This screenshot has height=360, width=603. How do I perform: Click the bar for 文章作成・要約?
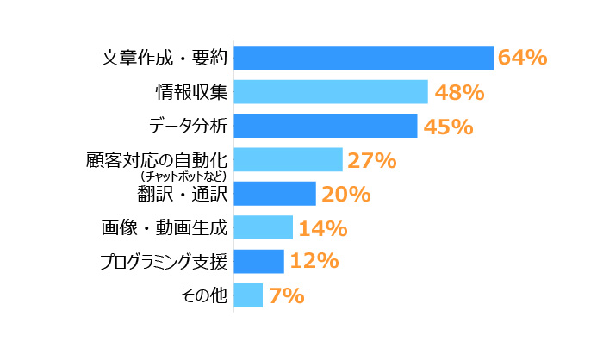tap(363, 58)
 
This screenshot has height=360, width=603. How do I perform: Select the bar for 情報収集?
tap(331, 91)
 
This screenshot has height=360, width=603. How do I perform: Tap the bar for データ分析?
tap(325, 126)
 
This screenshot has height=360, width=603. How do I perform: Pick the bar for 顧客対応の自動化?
tap(288, 159)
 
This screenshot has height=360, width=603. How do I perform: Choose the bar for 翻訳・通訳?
tap(275, 193)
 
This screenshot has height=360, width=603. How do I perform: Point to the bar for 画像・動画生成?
tap(263, 227)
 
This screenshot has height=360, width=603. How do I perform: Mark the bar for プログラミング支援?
tap(258, 261)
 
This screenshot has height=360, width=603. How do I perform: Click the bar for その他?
tap(248, 295)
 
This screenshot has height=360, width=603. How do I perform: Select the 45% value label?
tap(447, 127)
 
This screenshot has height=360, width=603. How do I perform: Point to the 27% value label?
tap(371, 160)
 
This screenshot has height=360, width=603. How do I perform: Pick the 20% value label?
tap(345, 194)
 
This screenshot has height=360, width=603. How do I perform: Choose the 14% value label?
tap(322, 228)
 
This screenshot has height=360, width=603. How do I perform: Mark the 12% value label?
tap(314, 262)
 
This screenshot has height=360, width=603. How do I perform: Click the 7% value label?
tap(286, 295)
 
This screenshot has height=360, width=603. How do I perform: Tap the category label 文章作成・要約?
tap(164, 59)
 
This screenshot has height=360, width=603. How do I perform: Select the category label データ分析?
tap(187, 127)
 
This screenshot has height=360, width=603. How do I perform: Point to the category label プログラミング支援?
tap(163, 262)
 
